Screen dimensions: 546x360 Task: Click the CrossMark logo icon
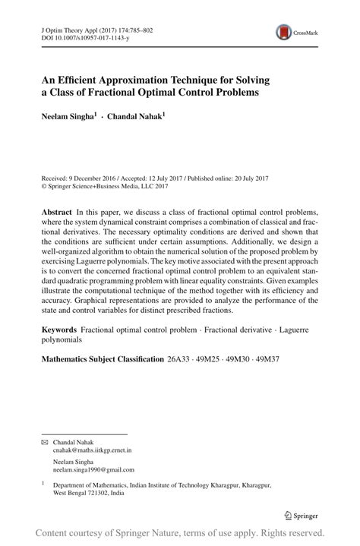[x=284, y=31]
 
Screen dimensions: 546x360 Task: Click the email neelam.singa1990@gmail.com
[x=93, y=470]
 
